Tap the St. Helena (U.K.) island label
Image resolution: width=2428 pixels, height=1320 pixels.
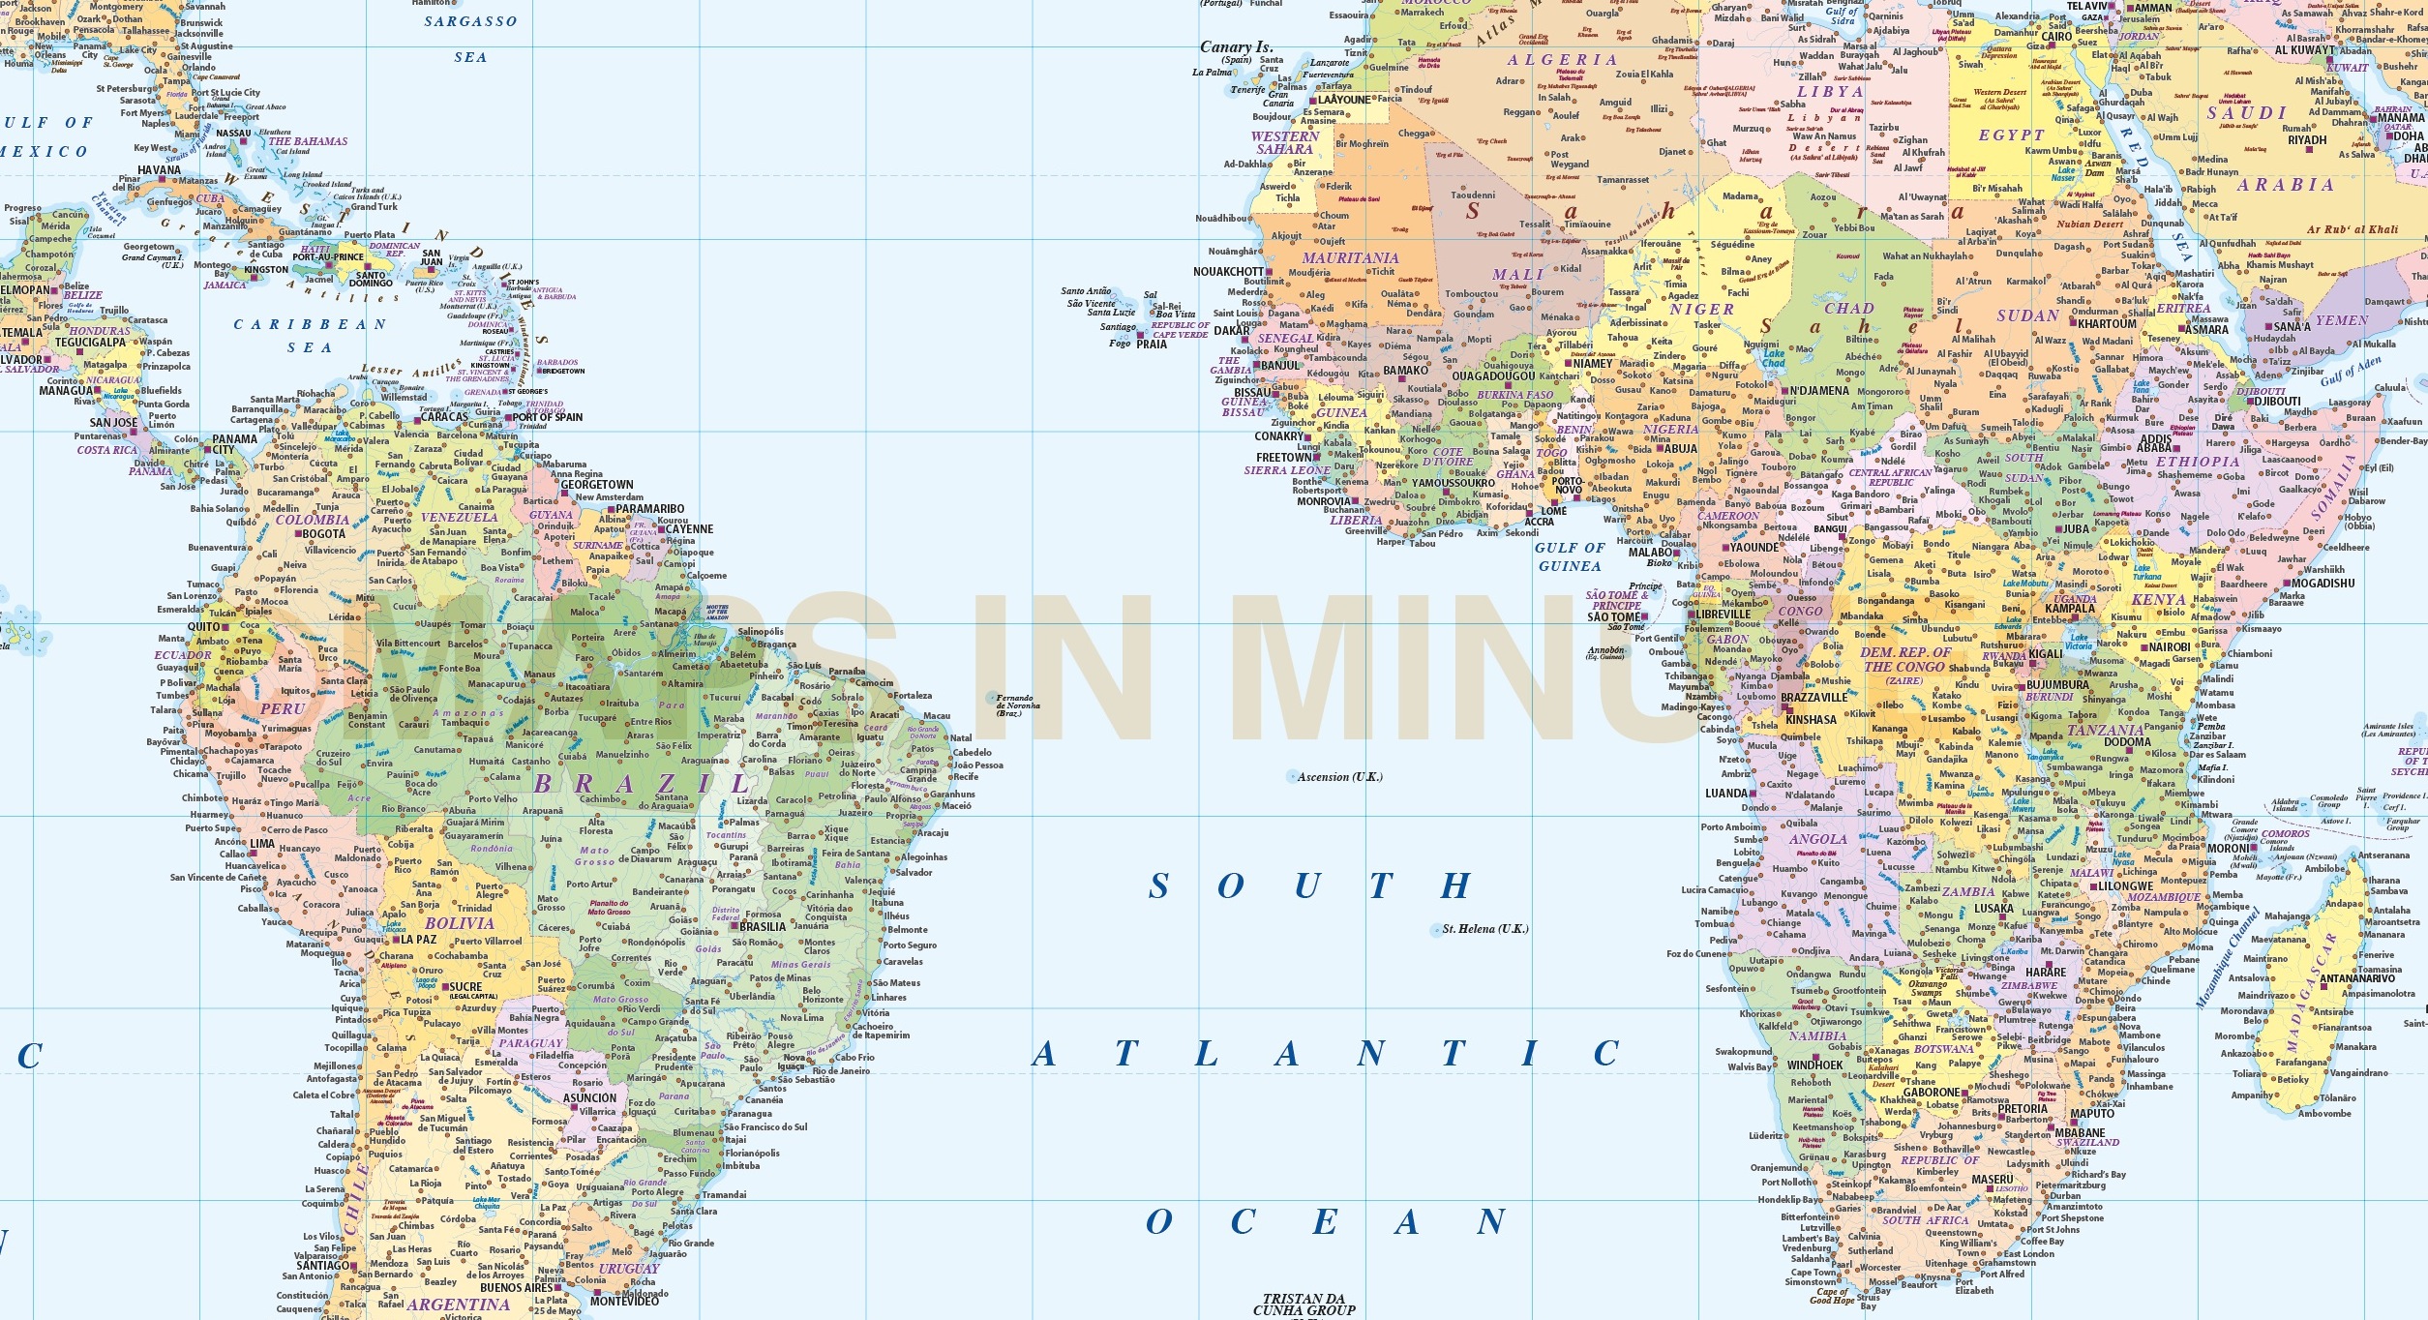tap(1484, 929)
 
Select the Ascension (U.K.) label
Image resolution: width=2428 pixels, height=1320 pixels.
tap(1340, 777)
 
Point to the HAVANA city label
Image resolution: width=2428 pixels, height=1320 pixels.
tap(160, 170)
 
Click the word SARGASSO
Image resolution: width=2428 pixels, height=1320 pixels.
tap(471, 21)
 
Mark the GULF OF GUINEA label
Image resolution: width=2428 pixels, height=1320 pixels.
tap(1570, 556)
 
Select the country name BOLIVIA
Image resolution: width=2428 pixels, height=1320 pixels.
tap(460, 923)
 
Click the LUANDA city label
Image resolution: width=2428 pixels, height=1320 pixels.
tap(1727, 794)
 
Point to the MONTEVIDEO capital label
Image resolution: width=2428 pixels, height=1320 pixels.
tap(624, 1302)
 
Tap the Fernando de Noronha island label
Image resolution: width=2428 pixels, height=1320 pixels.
tap(1017, 705)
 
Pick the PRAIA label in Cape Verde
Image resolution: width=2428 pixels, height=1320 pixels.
tap(1152, 345)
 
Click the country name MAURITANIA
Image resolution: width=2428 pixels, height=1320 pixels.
tap(1350, 258)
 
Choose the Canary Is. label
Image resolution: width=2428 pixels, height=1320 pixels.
tap(1236, 46)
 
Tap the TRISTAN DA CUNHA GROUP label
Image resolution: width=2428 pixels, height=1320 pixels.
tap(1304, 1305)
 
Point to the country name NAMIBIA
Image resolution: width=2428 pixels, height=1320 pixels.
tap(1817, 1035)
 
